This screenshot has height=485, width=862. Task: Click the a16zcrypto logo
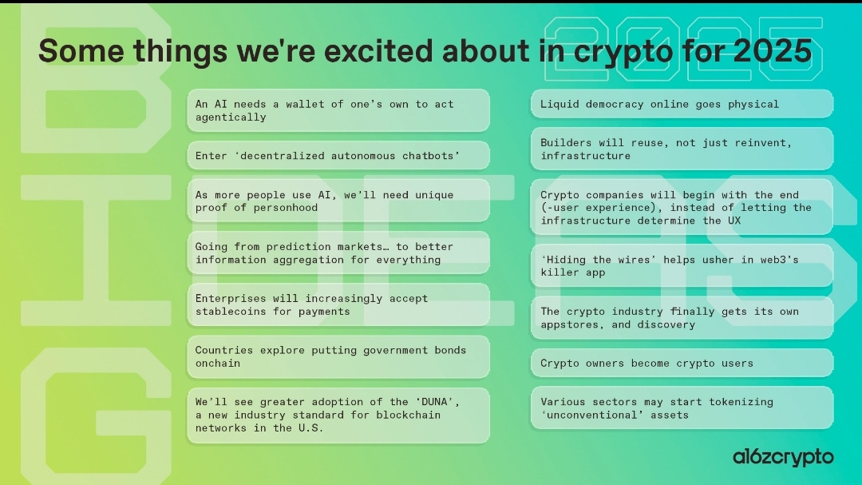(783, 458)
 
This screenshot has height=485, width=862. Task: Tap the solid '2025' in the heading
(773, 50)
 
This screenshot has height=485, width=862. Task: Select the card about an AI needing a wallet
(338, 110)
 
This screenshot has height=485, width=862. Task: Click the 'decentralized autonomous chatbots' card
(338, 156)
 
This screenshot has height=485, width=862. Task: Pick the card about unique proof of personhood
(338, 201)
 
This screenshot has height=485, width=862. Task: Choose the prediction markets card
(338, 252)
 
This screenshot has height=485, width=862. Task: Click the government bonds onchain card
(338, 356)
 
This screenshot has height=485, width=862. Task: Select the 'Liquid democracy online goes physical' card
(682, 104)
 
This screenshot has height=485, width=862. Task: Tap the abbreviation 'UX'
(734, 221)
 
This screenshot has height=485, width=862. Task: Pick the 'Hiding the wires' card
(682, 266)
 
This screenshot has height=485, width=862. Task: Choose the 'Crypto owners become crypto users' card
(682, 364)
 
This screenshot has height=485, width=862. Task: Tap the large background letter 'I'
(97, 250)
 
